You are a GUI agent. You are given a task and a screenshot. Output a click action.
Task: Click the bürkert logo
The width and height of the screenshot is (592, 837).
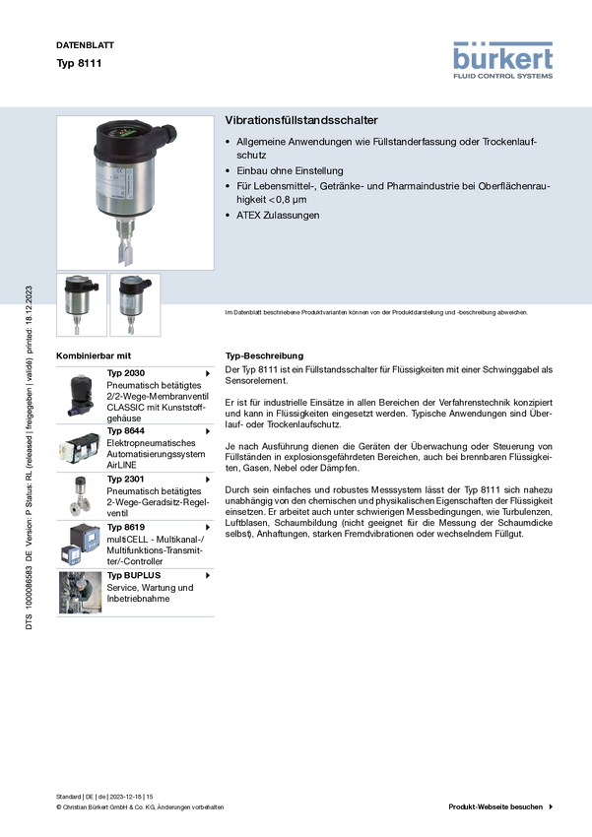(x=502, y=60)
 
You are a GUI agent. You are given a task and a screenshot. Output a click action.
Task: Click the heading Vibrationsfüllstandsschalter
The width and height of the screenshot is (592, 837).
(x=301, y=120)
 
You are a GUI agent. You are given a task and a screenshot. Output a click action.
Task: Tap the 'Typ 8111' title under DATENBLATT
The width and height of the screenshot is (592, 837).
(x=79, y=63)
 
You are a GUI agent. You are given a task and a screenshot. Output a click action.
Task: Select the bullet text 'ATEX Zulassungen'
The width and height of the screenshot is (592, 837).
(x=278, y=215)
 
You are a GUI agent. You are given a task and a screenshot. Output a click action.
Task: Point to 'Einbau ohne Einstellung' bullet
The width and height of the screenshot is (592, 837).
(x=290, y=170)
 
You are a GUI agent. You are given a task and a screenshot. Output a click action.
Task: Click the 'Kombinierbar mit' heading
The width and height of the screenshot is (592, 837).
(x=94, y=355)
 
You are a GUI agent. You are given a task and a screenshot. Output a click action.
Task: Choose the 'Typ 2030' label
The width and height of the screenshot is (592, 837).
(x=125, y=373)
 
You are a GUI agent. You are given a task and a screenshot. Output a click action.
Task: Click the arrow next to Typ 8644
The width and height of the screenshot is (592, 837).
(x=208, y=431)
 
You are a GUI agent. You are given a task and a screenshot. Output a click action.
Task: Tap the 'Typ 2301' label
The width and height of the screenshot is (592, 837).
(x=125, y=479)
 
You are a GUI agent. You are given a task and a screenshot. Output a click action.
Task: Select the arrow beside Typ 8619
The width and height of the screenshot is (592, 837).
(x=208, y=528)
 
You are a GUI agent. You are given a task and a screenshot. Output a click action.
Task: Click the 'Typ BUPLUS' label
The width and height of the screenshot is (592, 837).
(x=133, y=575)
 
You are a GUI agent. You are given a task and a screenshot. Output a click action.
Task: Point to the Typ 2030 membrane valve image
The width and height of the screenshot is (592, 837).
(x=80, y=396)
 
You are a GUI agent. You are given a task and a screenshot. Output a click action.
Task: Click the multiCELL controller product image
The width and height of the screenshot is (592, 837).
(x=80, y=545)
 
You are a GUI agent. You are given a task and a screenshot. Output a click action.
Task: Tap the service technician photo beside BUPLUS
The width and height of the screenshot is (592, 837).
(x=80, y=593)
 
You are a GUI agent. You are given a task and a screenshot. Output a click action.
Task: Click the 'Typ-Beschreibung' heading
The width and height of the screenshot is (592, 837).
(x=264, y=355)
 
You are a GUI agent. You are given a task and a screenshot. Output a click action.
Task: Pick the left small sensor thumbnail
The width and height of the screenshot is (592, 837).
(x=82, y=305)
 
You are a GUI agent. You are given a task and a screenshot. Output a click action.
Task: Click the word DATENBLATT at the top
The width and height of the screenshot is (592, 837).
(x=85, y=45)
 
